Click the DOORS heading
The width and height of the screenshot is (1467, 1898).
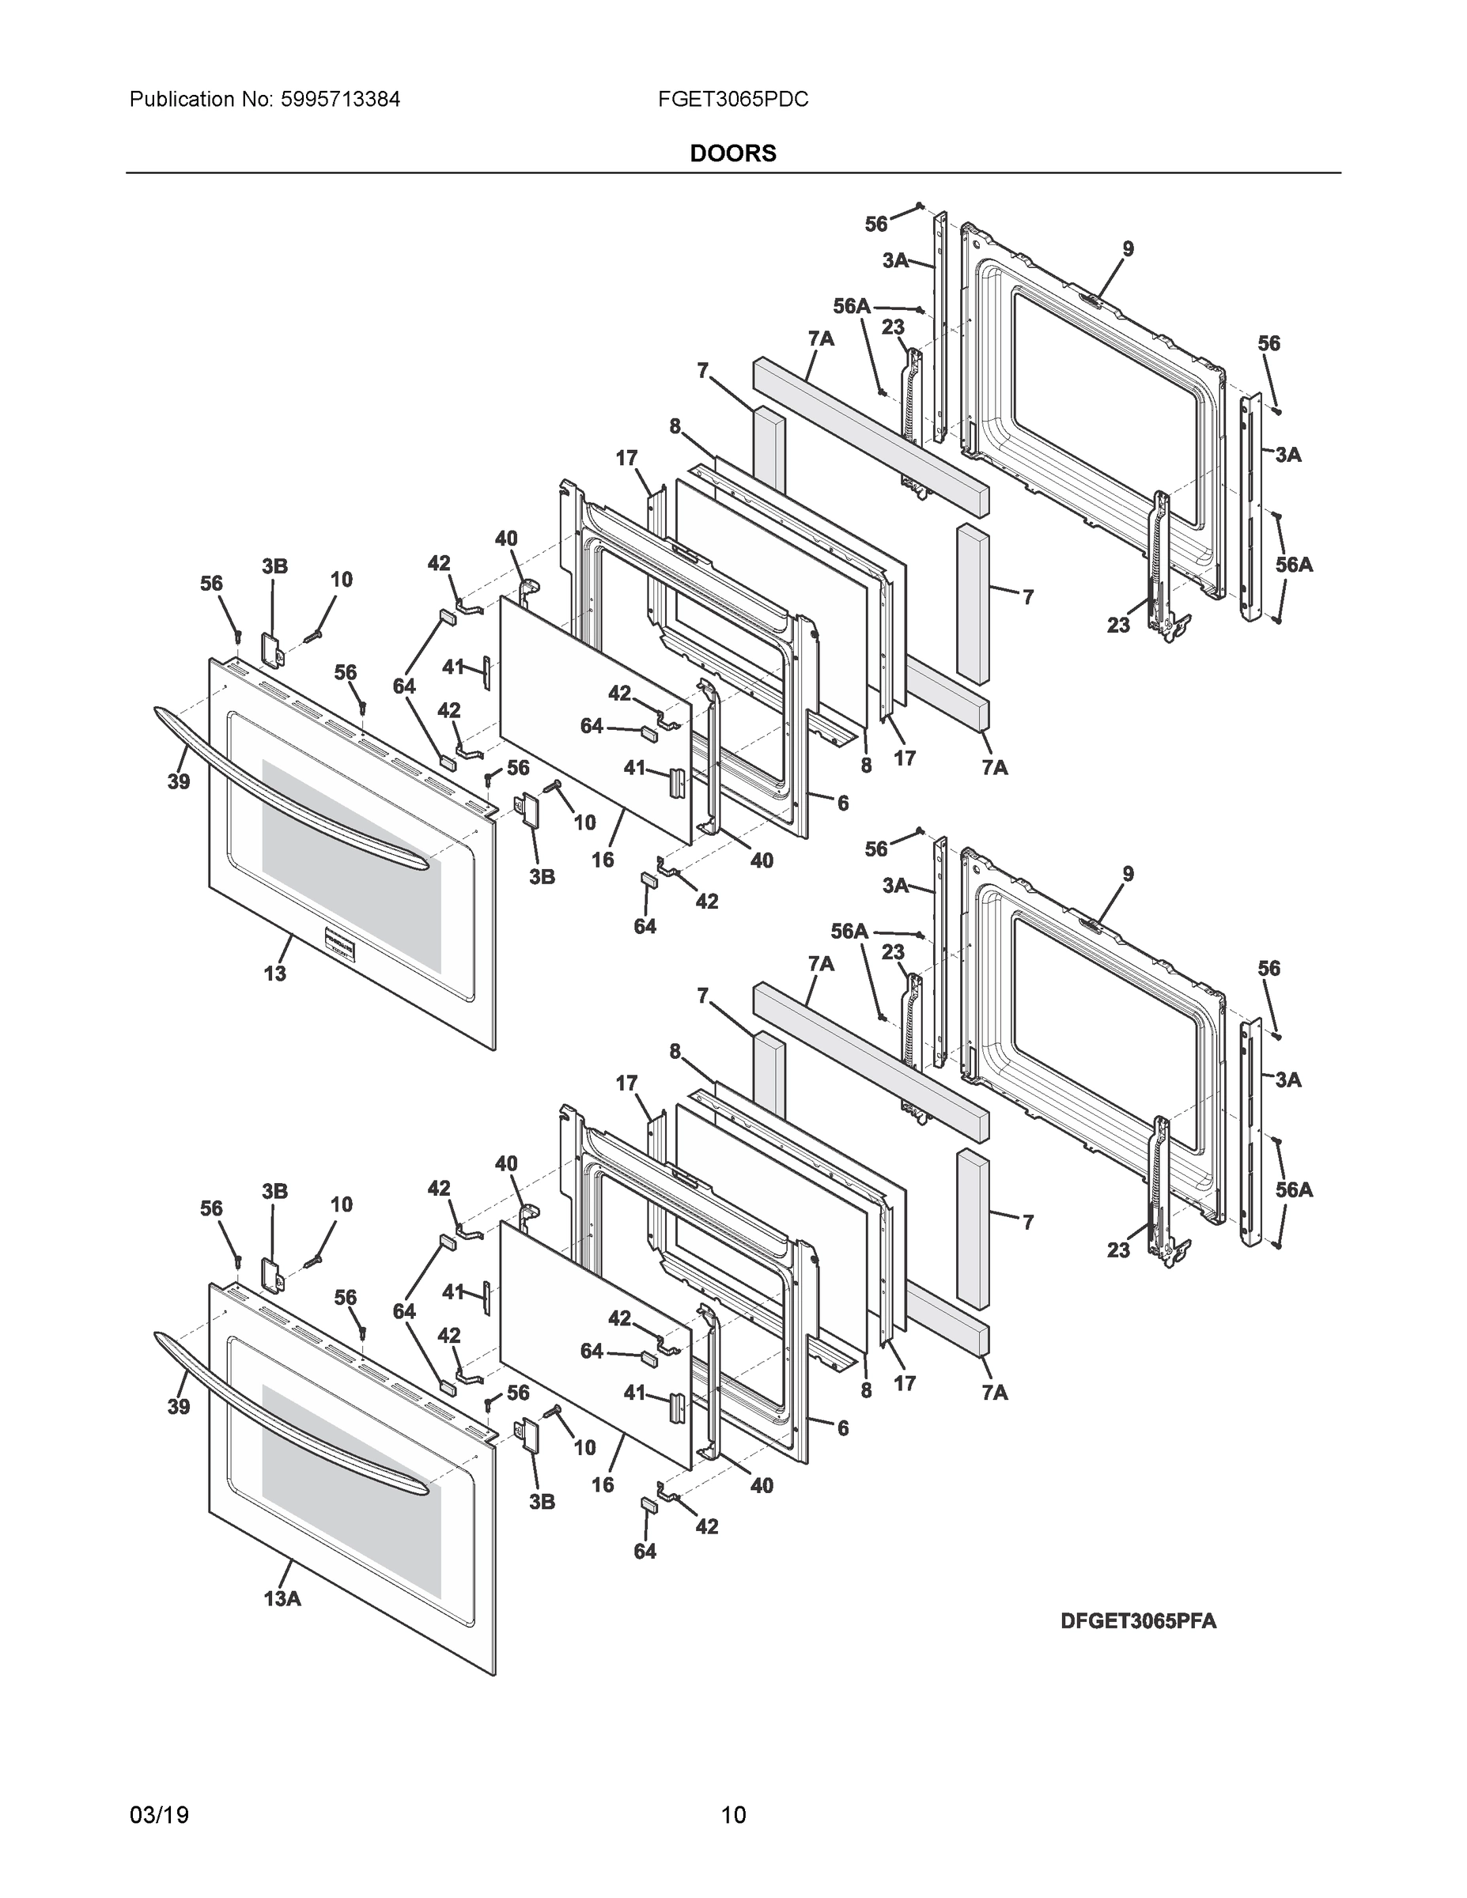[732, 154]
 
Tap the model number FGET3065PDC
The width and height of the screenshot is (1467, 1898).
[732, 100]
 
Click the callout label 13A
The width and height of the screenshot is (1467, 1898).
[282, 1598]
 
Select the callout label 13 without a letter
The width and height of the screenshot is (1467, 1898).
[274, 974]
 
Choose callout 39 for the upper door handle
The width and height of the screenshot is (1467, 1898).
[178, 782]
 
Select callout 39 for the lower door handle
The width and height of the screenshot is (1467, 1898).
[178, 1407]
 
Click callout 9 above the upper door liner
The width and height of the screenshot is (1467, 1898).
[1127, 249]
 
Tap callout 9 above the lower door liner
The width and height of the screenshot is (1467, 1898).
[1127, 874]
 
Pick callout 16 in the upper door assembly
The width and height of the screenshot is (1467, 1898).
[603, 860]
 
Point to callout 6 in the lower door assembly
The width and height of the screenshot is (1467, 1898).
[842, 1427]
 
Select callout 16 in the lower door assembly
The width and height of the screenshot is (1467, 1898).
[603, 1484]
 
